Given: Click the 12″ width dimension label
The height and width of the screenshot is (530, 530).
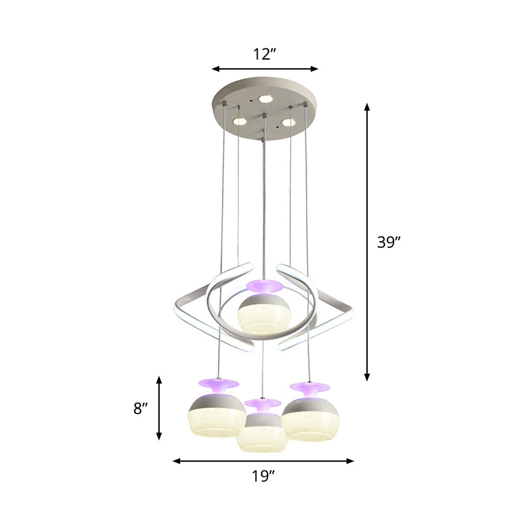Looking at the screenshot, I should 264,54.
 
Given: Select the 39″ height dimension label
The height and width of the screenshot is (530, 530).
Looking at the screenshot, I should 389,242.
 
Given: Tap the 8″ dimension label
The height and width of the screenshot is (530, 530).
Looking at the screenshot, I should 139,409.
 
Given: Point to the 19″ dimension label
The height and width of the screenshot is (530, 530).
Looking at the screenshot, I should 264,476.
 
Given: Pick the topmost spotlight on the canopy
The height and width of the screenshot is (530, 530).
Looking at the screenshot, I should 266,98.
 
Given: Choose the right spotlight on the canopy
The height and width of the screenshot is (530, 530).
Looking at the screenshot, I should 288,122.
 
